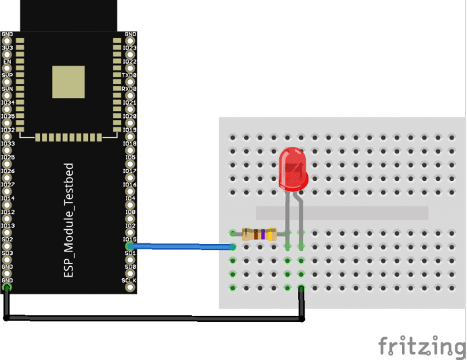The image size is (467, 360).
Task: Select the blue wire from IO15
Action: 181,247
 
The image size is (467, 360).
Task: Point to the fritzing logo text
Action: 421,345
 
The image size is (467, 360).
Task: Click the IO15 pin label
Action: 130,239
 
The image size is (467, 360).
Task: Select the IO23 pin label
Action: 130,48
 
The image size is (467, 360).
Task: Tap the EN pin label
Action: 7,62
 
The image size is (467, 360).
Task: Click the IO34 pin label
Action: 8,103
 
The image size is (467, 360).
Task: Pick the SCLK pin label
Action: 129,280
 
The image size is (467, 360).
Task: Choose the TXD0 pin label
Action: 129,75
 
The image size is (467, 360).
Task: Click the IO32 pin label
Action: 8,130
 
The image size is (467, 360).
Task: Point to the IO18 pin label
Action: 130,143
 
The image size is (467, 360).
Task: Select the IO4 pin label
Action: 131,198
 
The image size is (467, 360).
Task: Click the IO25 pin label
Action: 8,158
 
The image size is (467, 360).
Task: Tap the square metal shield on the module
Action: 68,81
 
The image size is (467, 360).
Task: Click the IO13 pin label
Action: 8,226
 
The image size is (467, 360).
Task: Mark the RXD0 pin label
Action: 129,88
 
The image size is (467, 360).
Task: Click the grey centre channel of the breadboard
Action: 342,213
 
